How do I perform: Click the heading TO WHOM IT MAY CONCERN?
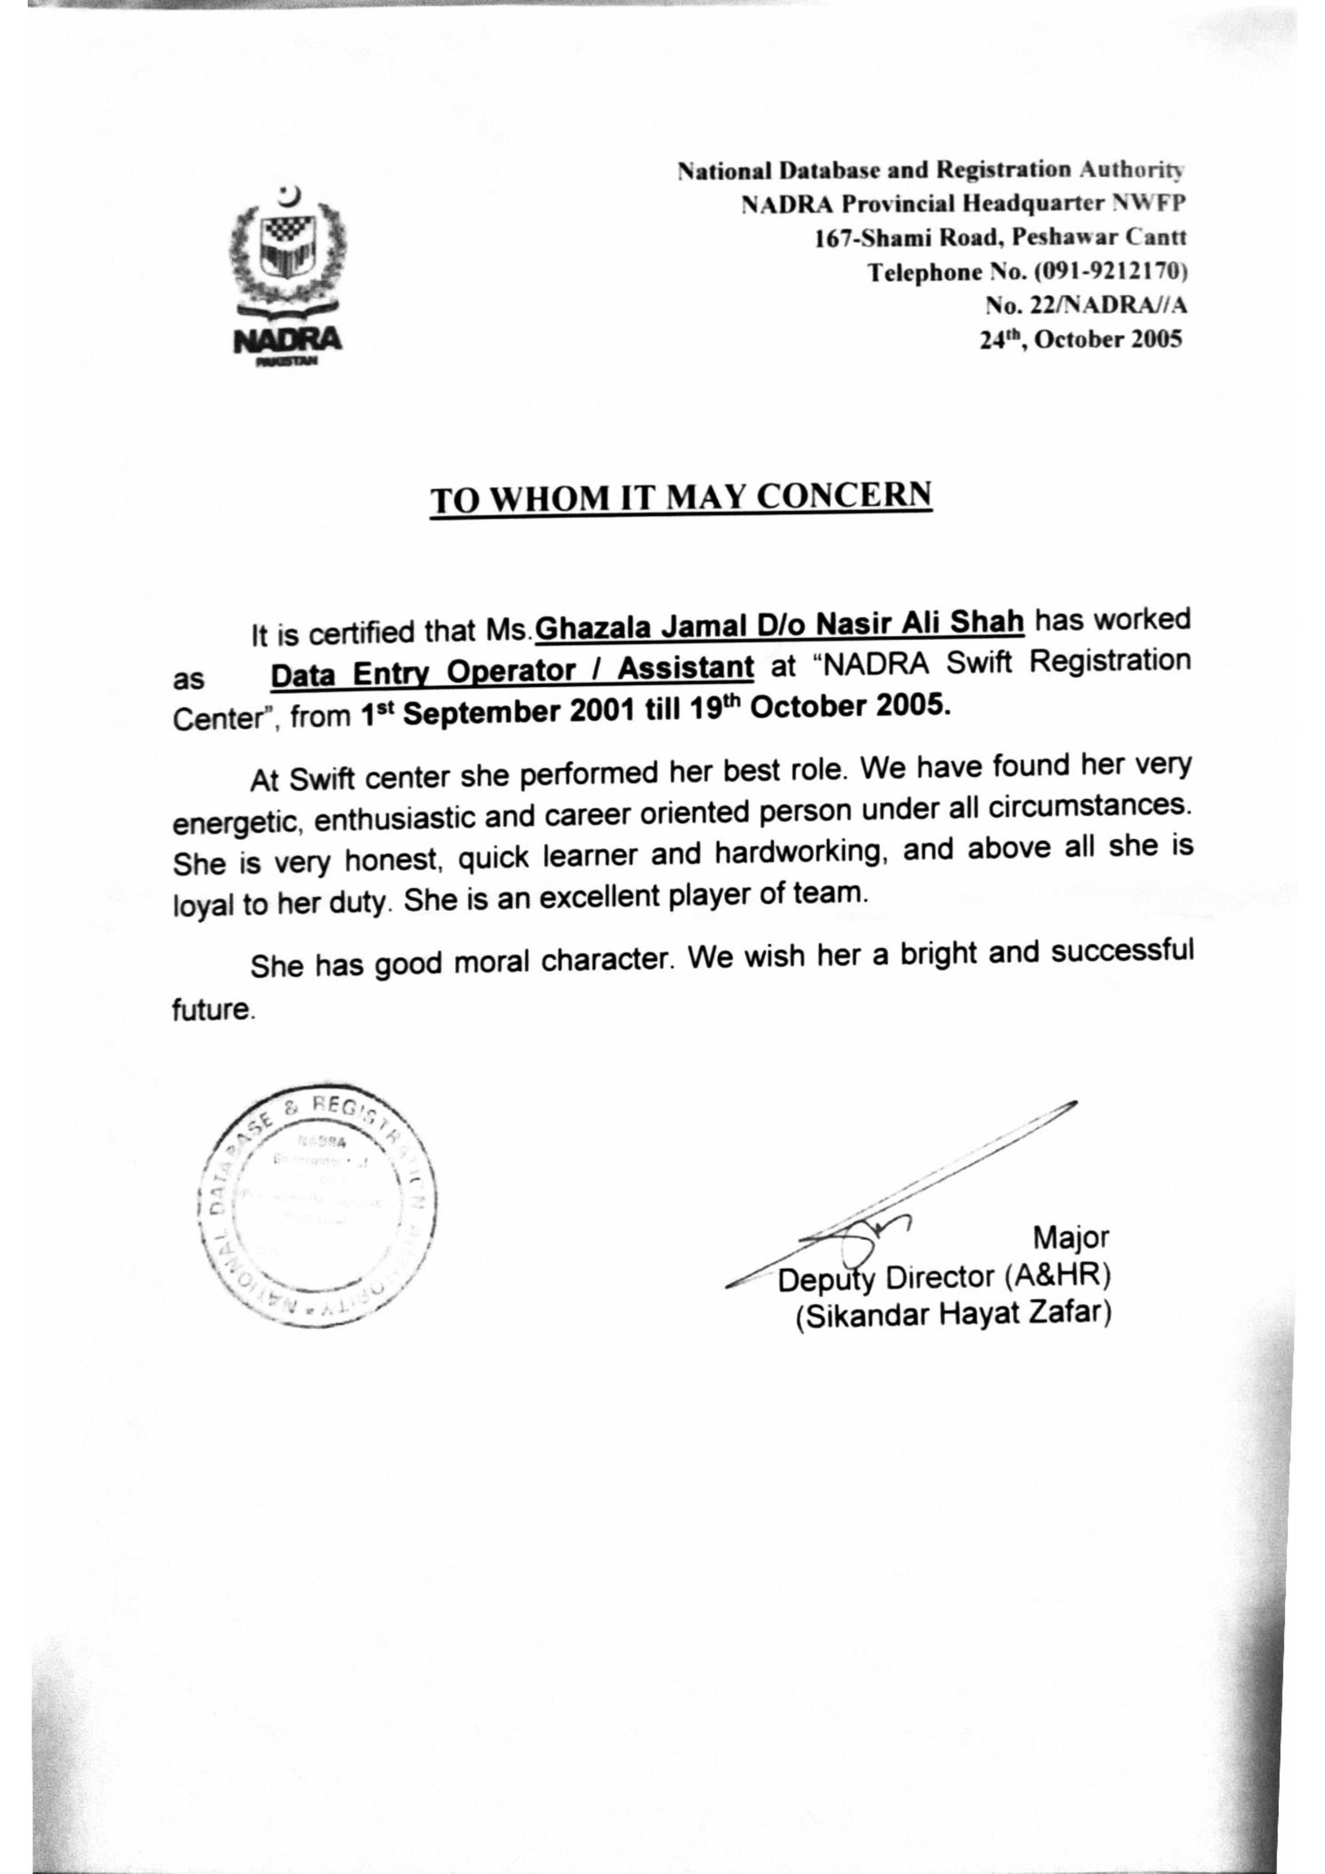click(681, 498)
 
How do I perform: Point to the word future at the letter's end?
click(212, 1011)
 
